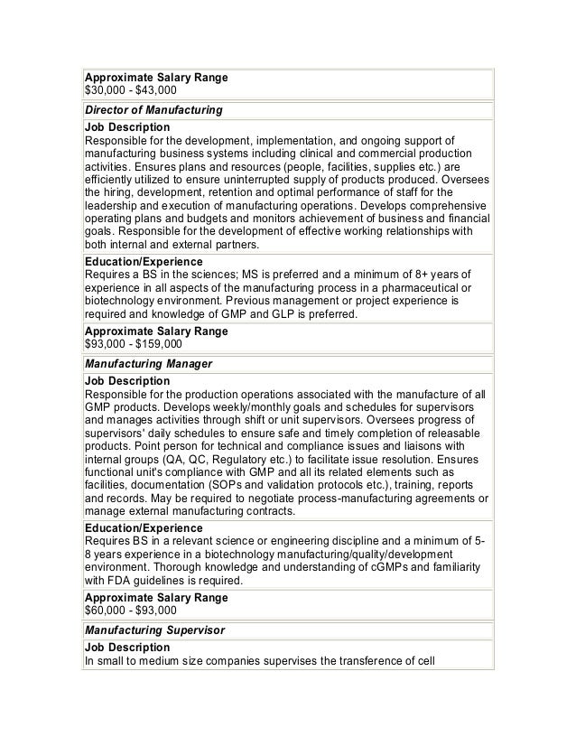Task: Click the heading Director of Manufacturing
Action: pos(153,110)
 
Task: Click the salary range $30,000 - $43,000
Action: pos(130,90)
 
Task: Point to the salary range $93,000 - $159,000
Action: pos(133,344)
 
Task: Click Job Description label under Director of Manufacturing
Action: pos(126,127)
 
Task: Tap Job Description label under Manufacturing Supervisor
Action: pos(126,648)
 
